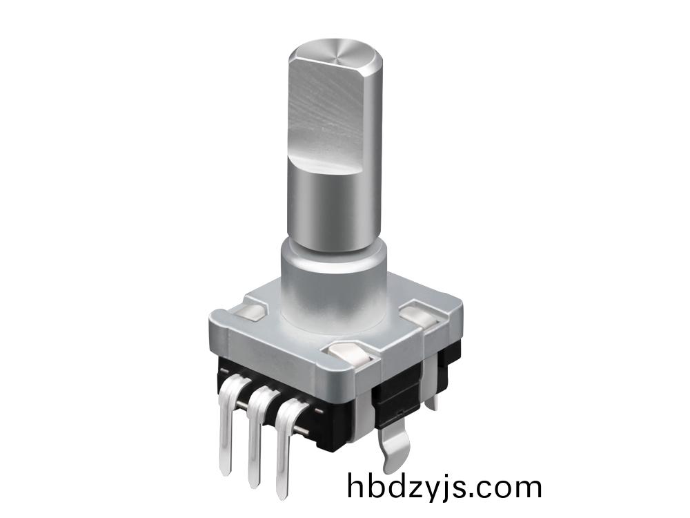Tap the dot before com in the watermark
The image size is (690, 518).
pos(475,496)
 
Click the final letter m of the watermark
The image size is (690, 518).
pos(526,488)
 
